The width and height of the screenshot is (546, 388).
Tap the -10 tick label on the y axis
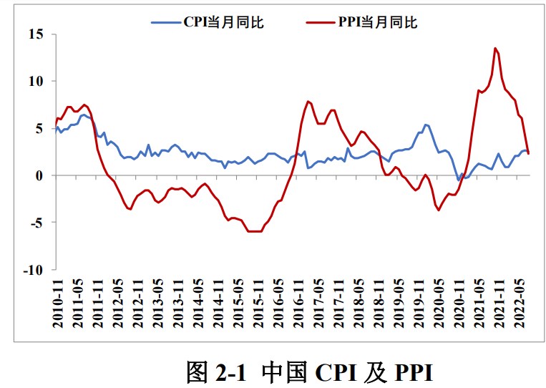click(33, 270)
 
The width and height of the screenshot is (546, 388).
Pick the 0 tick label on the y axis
click(40, 175)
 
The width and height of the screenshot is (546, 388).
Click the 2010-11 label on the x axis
click(58, 304)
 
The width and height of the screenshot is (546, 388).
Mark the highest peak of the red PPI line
click(495, 48)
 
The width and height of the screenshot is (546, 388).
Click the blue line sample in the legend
click(166, 22)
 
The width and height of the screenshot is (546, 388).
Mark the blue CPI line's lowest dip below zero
click(459, 180)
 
